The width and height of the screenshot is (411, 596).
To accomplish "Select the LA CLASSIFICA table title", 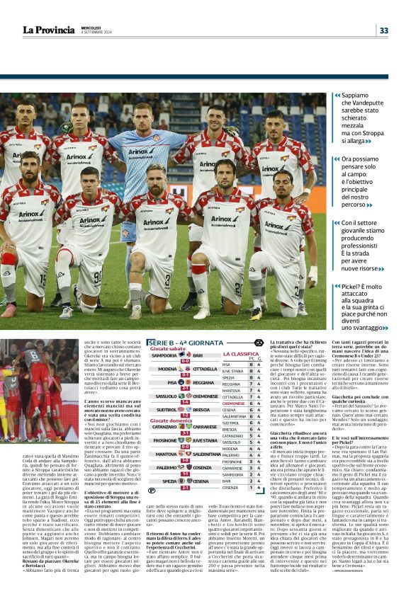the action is click(241, 354).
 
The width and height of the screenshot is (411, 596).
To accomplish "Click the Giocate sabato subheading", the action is click(167, 349).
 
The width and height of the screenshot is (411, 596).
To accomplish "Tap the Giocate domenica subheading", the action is click(170, 420).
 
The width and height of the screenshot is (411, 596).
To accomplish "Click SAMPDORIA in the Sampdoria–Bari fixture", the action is click(164, 355).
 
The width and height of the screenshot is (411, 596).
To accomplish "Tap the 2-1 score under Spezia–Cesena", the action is click(185, 487).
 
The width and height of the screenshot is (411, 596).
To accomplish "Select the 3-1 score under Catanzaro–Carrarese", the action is click(185, 432).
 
